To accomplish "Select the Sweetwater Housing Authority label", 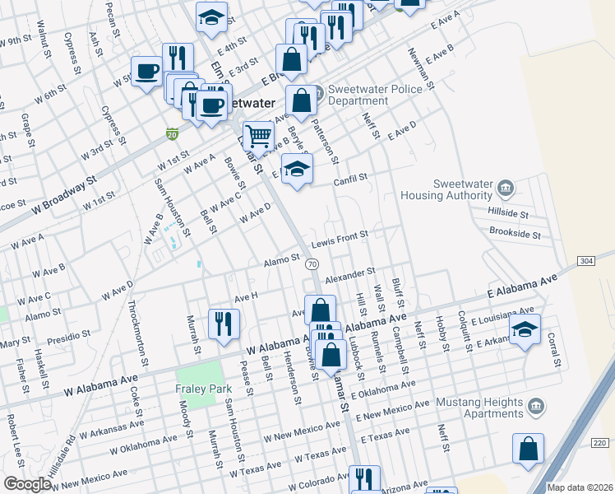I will pos(450,190).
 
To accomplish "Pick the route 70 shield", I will pos(312,263).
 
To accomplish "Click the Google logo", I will pos(28,484).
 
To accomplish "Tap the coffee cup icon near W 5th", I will pos(147,70).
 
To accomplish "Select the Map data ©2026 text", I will pos(580,487).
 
